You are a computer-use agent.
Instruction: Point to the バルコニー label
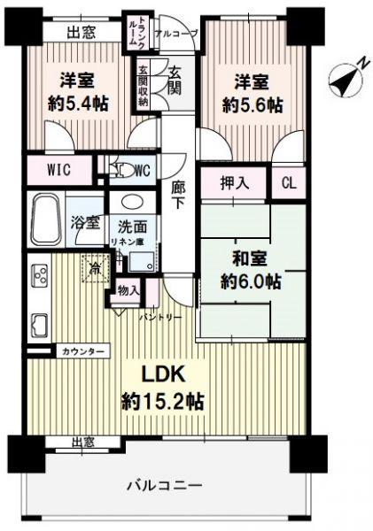pyautogui.click(x=163, y=484)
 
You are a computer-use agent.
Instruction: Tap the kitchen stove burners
pyautogui.click(x=40, y=274)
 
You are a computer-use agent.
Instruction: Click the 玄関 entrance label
pyautogui.click(x=175, y=81)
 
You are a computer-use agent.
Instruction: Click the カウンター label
pyautogui.click(x=84, y=351)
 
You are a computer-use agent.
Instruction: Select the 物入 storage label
pyautogui.click(x=127, y=289)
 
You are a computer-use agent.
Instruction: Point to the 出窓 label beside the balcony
pyautogui.click(x=85, y=442)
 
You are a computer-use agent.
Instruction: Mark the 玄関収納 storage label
pyautogui.click(x=143, y=86)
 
